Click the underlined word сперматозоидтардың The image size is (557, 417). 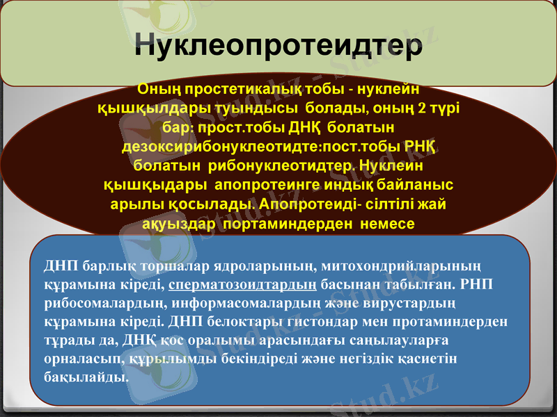[x=243, y=285]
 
